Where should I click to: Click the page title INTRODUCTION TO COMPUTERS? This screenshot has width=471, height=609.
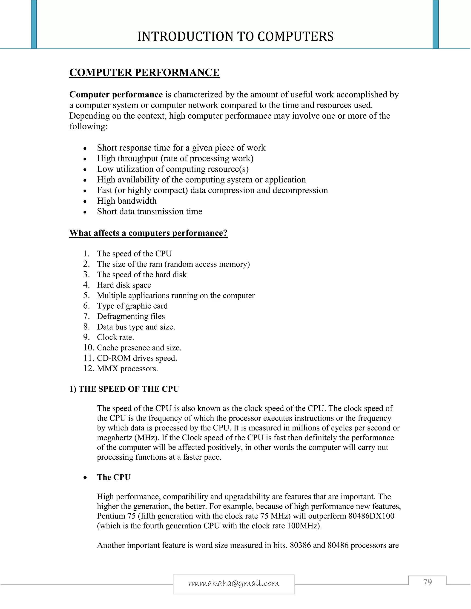(x=235, y=37)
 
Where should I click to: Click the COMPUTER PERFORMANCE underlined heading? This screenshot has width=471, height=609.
(x=144, y=72)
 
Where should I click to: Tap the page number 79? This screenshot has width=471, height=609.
(x=427, y=582)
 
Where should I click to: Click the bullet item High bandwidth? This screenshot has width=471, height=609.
(x=127, y=201)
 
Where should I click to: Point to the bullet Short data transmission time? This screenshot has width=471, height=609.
(x=149, y=211)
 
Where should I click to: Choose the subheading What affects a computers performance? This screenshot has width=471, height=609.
(x=148, y=233)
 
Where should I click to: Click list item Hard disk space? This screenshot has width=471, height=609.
(x=124, y=285)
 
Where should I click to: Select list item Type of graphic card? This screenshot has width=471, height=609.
(x=132, y=306)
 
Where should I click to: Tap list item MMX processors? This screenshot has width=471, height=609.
(x=127, y=369)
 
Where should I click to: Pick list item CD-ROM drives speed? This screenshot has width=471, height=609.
(x=137, y=358)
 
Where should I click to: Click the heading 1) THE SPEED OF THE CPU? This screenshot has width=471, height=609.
(x=124, y=389)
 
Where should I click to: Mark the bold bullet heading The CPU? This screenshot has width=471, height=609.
(x=114, y=477)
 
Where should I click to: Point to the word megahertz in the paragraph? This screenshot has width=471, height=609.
(x=114, y=438)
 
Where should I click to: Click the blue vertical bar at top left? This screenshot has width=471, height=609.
(x=34, y=25)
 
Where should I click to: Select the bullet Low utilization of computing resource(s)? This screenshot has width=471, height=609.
(x=173, y=169)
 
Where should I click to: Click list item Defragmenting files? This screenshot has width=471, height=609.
(x=131, y=316)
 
